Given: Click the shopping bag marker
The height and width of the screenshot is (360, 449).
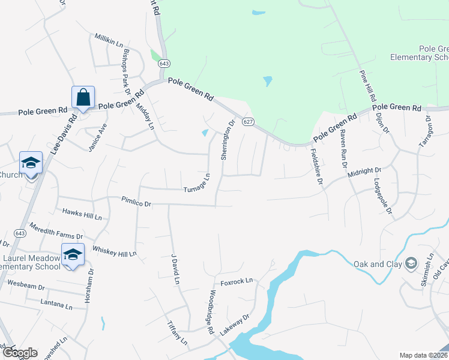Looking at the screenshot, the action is coord(83,98).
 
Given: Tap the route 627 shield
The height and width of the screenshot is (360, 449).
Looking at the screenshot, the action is coord(247,122).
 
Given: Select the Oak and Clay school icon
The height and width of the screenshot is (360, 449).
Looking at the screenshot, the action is coord(411,263).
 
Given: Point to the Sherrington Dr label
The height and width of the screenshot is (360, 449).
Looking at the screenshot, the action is coord(227,140).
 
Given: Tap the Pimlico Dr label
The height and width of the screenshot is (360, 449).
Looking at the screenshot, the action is coord(136,202).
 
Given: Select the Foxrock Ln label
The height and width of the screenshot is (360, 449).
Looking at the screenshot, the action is coord(237,281).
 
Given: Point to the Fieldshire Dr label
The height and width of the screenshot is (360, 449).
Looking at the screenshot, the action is coord(316,167).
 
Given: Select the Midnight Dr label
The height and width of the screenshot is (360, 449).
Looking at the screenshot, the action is coord(364,173).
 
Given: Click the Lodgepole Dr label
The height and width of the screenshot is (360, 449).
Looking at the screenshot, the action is coord(382,196).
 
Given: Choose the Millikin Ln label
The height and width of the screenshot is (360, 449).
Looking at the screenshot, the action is coord(109,41).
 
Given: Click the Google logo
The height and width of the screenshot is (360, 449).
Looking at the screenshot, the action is coord(20,353).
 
